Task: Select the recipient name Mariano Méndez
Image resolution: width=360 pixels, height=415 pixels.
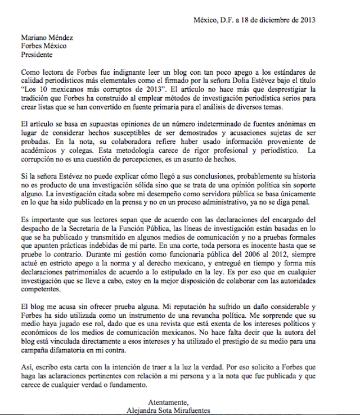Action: [47, 38]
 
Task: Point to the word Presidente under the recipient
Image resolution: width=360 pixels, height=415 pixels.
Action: [37, 55]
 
